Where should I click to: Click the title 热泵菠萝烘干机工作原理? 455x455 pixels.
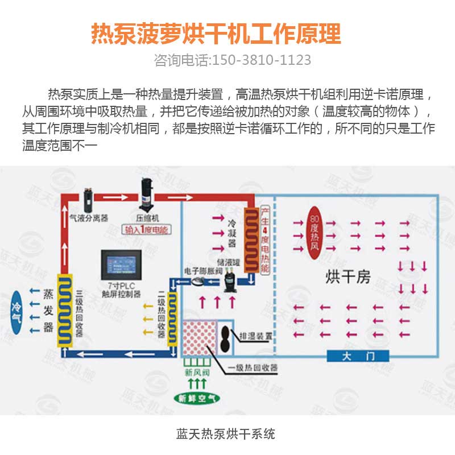coord(216,34)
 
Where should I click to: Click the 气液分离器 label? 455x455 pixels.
coord(89,217)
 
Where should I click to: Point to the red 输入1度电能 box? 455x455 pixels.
coord(146,230)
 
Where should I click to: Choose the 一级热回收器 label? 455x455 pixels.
coord(253,368)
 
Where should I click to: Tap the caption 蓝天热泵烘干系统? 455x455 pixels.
coord(226,434)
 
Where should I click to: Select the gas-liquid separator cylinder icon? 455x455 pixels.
coord(88,198)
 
